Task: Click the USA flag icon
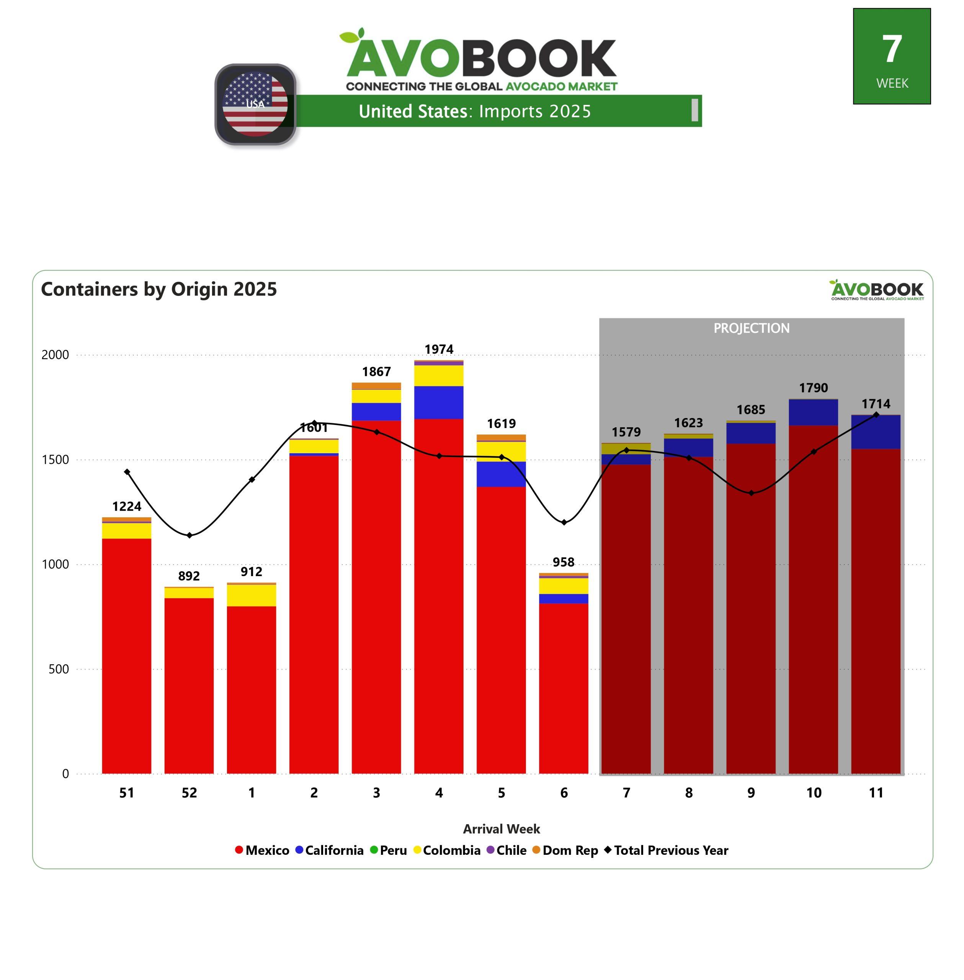pos(255,104)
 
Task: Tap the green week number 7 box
pos(892,56)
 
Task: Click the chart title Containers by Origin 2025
pos(159,289)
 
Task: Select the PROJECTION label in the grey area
pos(752,328)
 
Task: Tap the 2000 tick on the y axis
pos(55,355)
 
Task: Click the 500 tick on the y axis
pos(59,669)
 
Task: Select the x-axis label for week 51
pos(127,793)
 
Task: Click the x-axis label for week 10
pos(814,793)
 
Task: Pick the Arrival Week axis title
pos(501,829)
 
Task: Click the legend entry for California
pos(330,850)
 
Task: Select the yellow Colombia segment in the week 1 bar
pos(251,595)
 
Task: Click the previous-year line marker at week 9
pos(752,493)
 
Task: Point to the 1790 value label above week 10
pos(813,388)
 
